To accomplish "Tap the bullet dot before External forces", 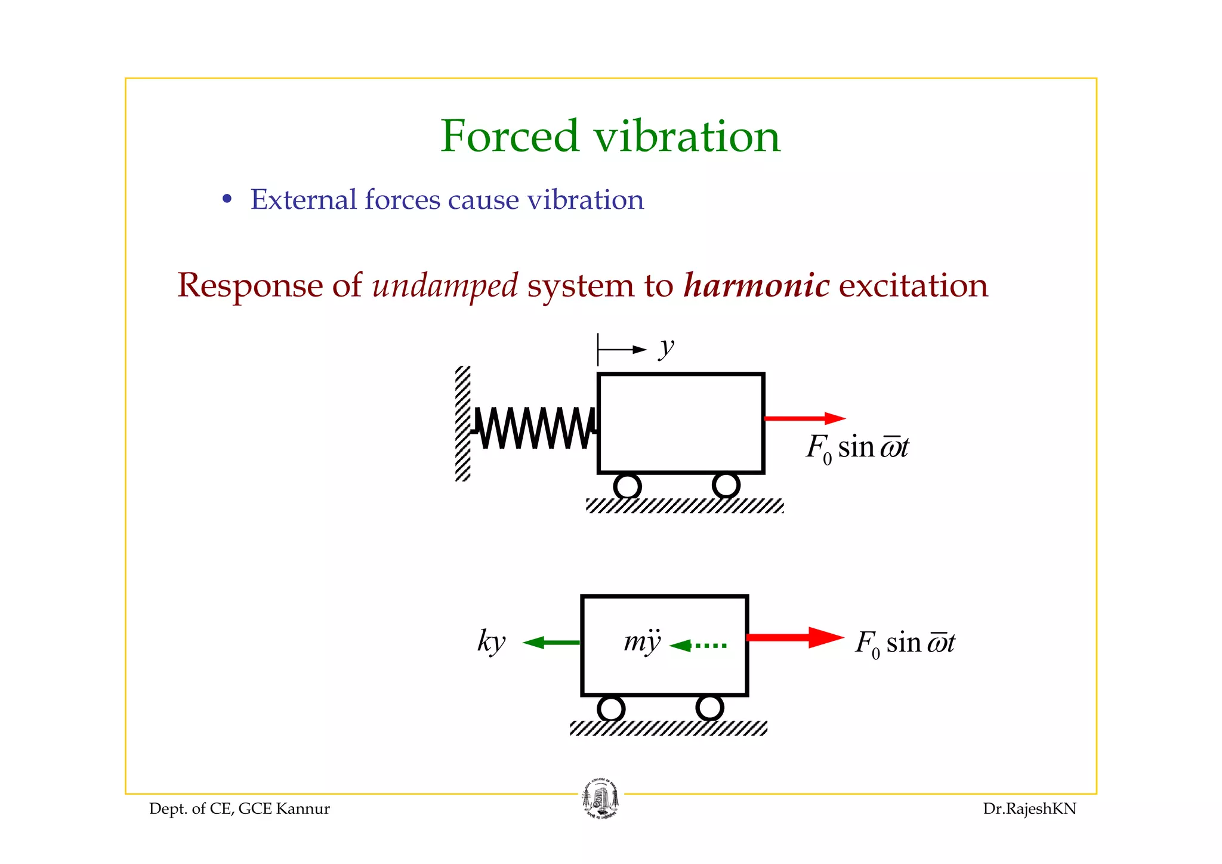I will (x=227, y=199).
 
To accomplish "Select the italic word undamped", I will (x=445, y=285).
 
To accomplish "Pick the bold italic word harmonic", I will (x=756, y=285).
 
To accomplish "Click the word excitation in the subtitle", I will (x=913, y=285).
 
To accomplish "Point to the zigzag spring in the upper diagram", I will (x=535, y=427).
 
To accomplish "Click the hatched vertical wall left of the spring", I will (x=462, y=424).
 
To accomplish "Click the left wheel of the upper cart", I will (x=627, y=486).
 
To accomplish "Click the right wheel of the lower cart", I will (x=709, y=708).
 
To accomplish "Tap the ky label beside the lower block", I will (x=491, y=642).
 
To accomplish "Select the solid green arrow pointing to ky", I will (x=551, y=643).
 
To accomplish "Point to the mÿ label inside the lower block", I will (x=642, y=641).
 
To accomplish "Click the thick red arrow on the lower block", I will (x=795, y=637).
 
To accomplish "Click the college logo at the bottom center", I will (x=600, y=798).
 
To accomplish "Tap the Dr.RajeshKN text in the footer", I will (x=1029, y=809).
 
